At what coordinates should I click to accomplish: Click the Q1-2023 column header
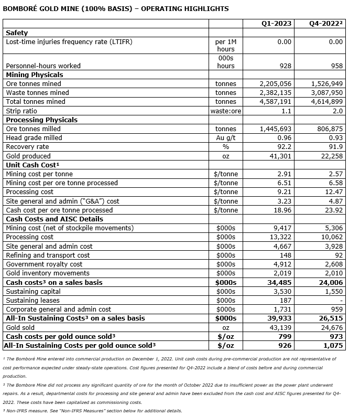coord(276,24)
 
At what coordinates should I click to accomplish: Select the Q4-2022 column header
coord(327,24)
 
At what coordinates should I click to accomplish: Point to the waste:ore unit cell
coord(225,111)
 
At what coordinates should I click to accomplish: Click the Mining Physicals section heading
coord(34,74)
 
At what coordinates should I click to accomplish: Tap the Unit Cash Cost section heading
coord(32,165)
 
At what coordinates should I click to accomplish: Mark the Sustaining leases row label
coord(32,301)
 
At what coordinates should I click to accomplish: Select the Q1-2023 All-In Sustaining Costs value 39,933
coord(279,318)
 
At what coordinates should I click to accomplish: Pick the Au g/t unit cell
coord(225,137)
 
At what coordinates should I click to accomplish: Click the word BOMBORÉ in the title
coord(21,8)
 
